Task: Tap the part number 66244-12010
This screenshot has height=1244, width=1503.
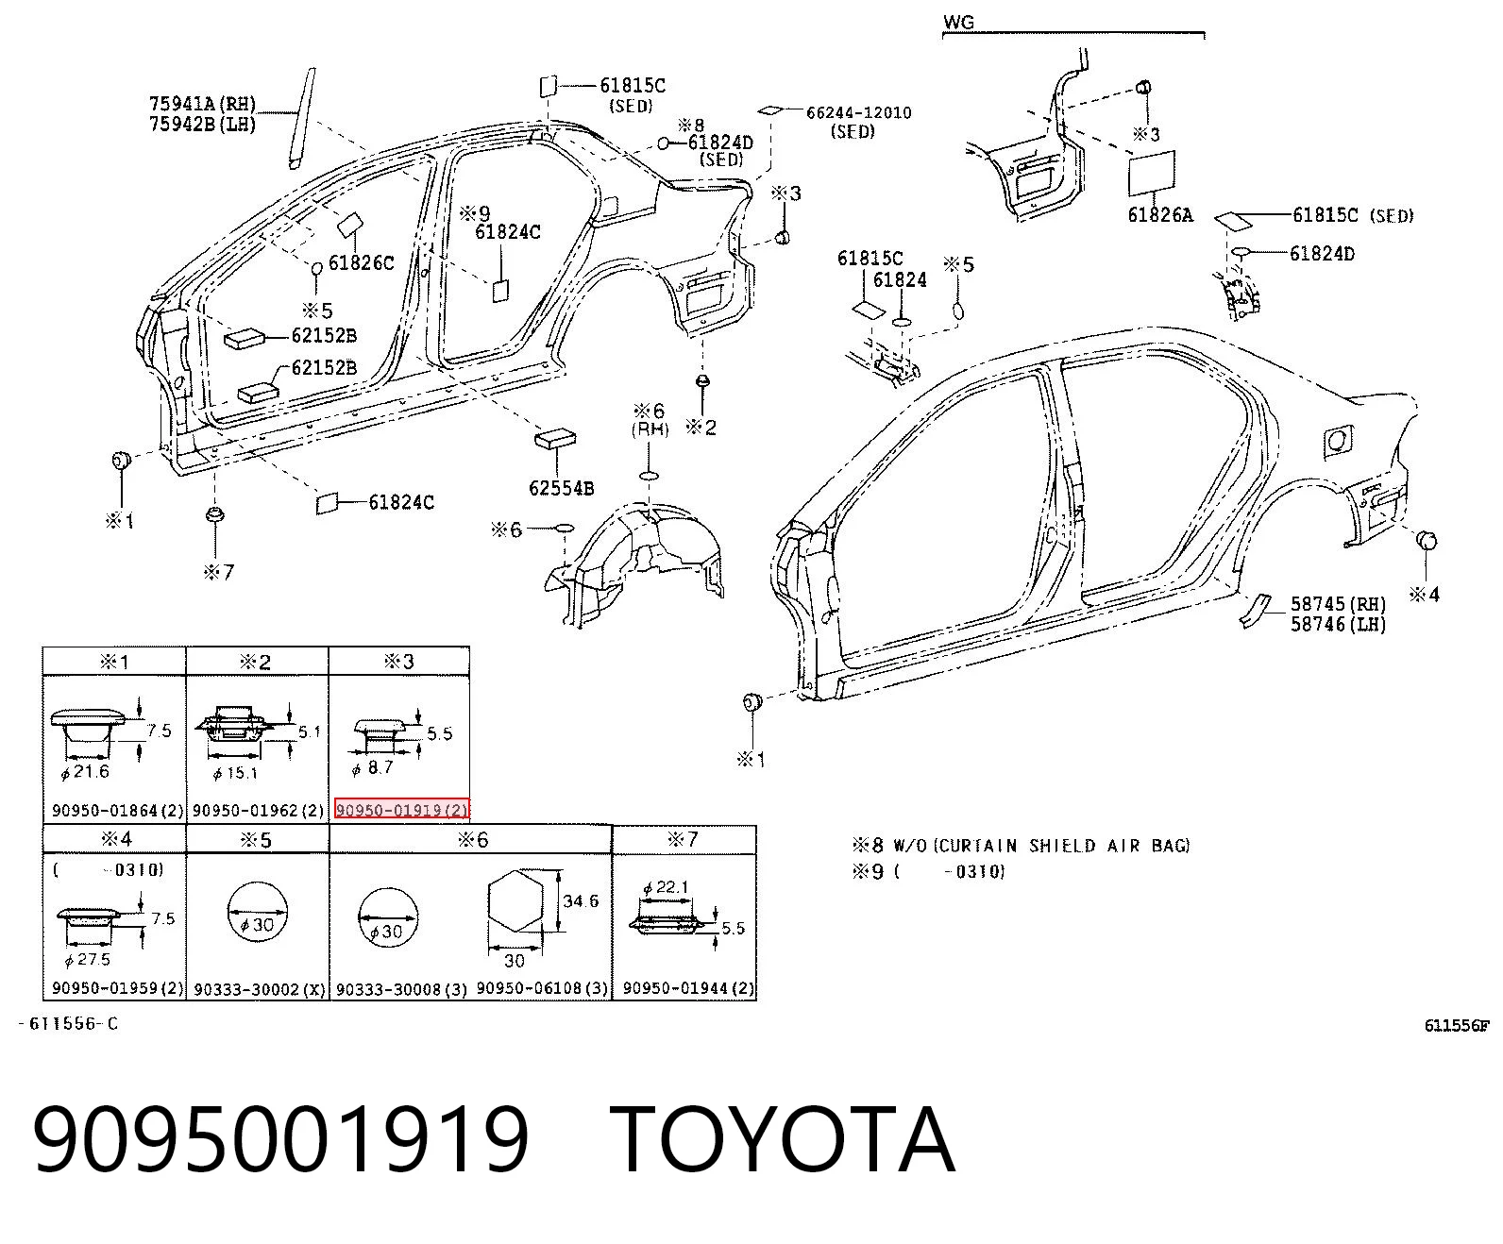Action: (x=859, y=113)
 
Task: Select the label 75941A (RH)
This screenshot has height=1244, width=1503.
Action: (x=202, y=104)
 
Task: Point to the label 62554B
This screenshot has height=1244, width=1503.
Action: (x=562, y=488)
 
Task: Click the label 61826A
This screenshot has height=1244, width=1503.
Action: (x=1159, y=214)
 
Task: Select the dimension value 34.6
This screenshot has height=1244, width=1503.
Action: (x=581, y=900)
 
